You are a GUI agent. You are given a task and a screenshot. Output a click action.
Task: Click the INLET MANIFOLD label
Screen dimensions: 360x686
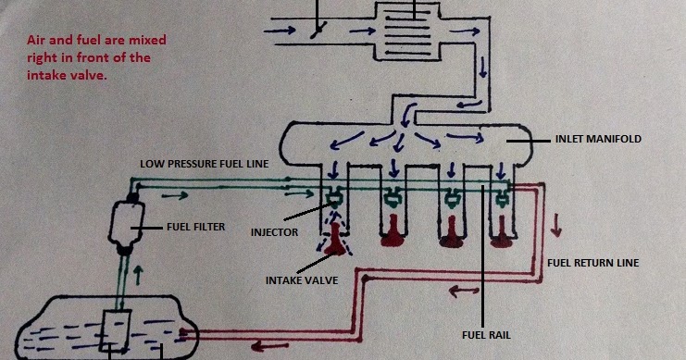click(x=597, y=139)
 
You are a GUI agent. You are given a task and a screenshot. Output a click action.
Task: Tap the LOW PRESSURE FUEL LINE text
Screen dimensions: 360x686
click(x=204, y=163)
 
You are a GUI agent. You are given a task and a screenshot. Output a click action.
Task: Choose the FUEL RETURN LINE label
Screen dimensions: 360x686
click(x=593, y=263)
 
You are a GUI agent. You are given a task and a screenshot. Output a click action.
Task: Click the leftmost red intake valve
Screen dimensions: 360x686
click(x=333, y=242)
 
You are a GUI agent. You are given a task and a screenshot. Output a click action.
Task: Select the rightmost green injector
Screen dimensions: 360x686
click(x=503, y=195)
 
